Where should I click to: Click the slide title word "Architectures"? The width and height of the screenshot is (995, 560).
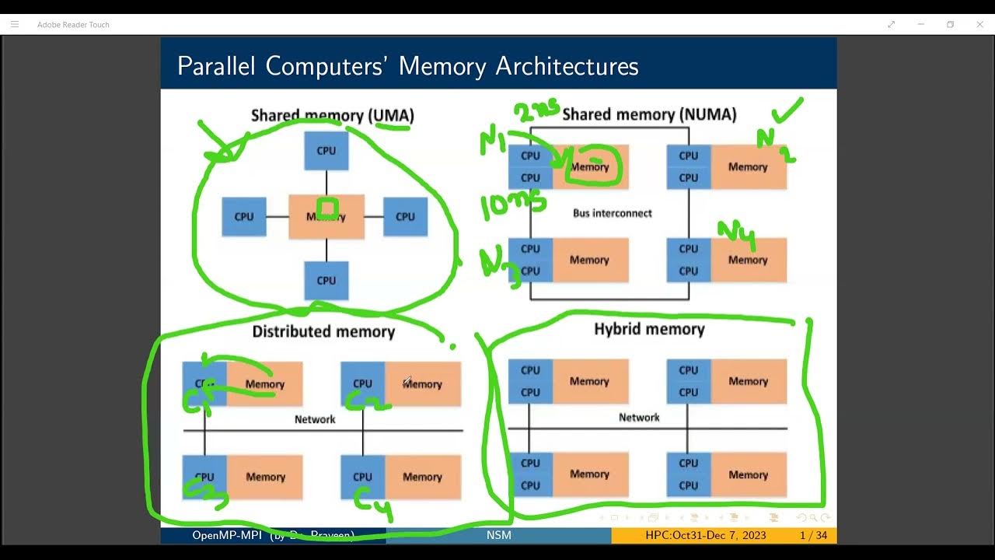point(567,66)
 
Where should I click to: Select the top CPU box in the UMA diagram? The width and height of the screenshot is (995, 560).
point(326,150)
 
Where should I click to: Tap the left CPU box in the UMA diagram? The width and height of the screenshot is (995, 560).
point(244,217)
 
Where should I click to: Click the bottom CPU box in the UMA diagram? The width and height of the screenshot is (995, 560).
point(326,280)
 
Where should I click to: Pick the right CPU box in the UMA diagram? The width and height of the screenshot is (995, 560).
point(405,217)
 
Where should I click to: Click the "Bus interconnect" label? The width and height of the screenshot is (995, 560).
point(612,213)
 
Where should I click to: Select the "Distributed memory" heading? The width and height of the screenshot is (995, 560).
point(323,332)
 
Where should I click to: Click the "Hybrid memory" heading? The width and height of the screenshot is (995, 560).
point(649,329)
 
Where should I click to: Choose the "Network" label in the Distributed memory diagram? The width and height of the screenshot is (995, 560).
point(315,419)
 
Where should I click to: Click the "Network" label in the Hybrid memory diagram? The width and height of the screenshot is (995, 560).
point(639,418)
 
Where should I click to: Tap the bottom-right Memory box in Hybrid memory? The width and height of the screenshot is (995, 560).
point(748,474)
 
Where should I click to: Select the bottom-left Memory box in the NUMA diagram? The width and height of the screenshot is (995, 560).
point(589,260)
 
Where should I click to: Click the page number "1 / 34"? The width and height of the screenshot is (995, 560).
point(813,535)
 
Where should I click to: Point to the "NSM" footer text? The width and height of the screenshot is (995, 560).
point(498,535)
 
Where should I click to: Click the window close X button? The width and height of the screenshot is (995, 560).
point(979,24)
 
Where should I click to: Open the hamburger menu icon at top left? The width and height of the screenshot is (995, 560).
point(14,24)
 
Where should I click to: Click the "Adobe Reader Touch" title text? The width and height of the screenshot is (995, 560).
point(73,25)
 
